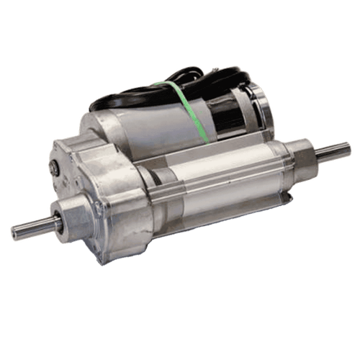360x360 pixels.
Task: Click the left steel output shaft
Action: click(32, 230)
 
